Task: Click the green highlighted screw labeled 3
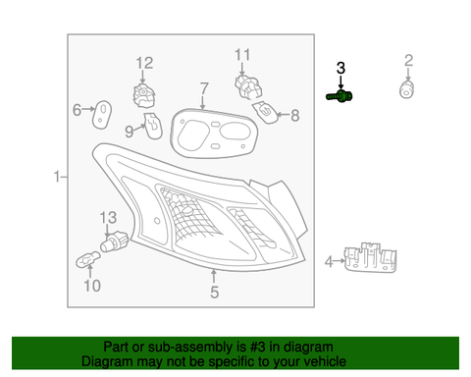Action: click(x=340, y=96)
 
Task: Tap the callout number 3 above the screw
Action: click(x=340, y=68)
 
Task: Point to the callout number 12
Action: click(x=144, y=64)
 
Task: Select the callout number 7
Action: click(x=203, y=89)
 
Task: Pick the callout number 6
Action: click(x=77, y=110)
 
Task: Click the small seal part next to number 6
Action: click(x=101, y=112)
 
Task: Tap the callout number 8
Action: click(x=292, y=116)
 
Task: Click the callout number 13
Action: click(x=108, y=217)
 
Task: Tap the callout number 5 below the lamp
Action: click(x=213, y=291)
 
